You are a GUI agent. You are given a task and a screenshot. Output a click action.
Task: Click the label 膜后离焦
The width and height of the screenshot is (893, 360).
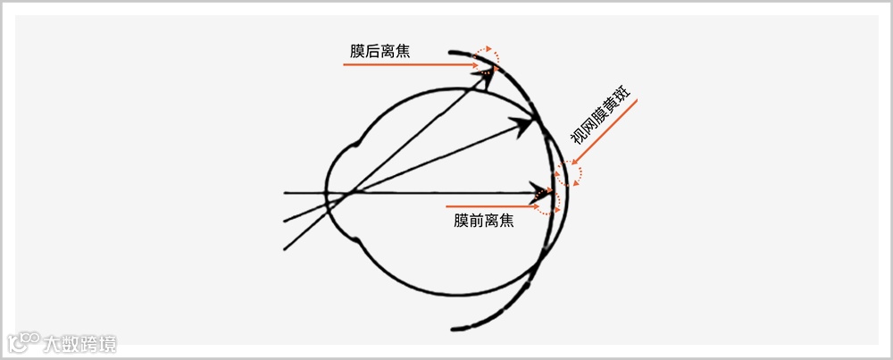click(x=380, y=50)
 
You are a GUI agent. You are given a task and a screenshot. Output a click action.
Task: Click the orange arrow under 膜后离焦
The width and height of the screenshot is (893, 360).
click(x=411, y=66)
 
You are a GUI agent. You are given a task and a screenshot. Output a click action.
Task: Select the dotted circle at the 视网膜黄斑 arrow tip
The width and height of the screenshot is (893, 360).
click(x=569, y=172)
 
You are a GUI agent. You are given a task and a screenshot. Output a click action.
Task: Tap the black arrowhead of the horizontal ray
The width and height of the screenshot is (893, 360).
click(x=541, y=192)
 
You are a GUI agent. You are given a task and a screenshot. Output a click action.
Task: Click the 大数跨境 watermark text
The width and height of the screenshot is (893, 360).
click(x=84, y=343)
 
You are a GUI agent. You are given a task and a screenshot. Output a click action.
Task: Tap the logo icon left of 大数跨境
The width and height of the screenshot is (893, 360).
click(x=24, y=342)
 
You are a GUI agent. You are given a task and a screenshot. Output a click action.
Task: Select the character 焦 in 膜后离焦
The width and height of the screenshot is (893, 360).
click(x=402, y=50)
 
